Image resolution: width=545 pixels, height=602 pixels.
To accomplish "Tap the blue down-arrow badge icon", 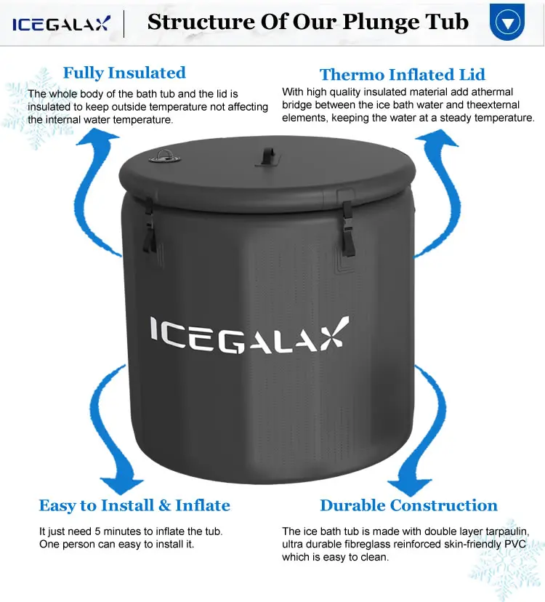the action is coord(506,22).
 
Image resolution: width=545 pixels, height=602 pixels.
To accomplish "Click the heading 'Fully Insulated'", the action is coord(124,73).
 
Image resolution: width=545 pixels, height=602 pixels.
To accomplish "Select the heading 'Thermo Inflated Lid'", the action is coord(402,74).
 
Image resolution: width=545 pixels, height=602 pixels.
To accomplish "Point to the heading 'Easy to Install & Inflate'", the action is coord(134,505).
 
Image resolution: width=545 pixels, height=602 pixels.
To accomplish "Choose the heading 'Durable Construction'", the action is coord(408,505).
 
